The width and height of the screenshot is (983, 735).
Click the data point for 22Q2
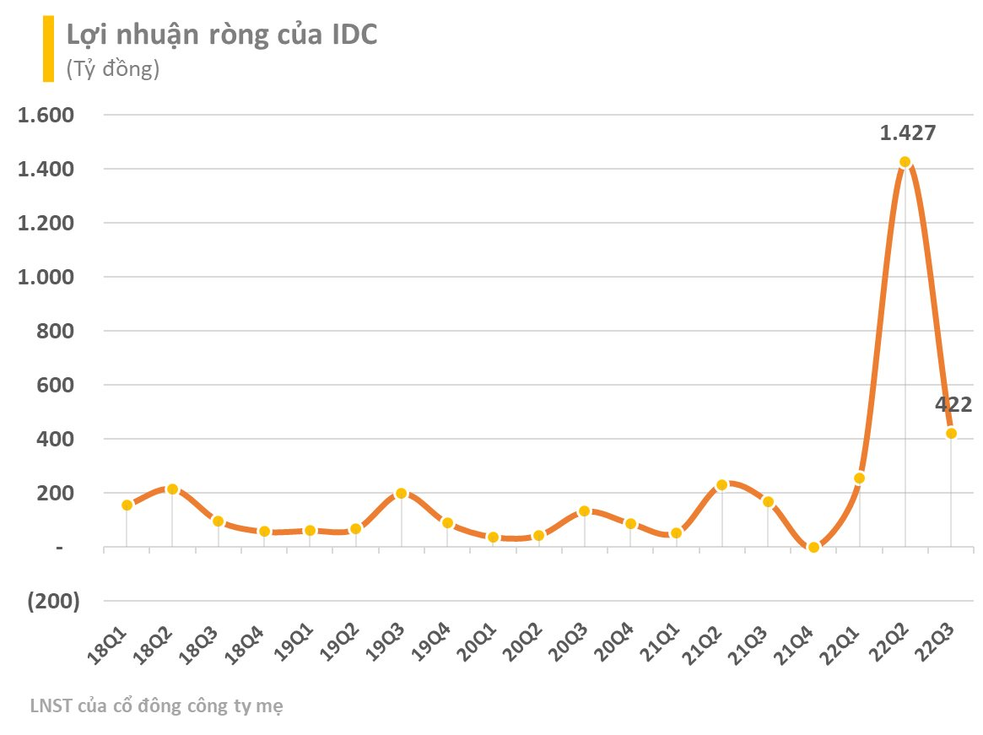[x=905, y=161]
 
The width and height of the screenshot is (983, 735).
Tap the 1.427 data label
[x=907, y=132]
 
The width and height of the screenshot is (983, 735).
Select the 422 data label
[x=953, y=404]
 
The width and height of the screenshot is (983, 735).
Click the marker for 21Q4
[x=813, y=547]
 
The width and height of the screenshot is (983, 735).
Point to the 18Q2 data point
[x=172, y=489]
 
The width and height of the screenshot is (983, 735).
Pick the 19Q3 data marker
[x=402, y=493]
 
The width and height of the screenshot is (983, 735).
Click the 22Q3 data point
[x=951, y=433]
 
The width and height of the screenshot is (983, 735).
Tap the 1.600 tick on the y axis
[x=47, y=115]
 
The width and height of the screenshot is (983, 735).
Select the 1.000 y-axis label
[x=47, y=277]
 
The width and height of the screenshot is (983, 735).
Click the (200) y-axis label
[x=52, y=601]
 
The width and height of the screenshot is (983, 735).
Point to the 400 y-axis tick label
[x=58, y=439]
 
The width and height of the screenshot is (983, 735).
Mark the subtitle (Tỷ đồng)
[x=113, y=69]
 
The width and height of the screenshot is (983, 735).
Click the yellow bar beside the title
[x=49, y=49]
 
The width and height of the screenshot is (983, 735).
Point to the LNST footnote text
[x=156, y=705]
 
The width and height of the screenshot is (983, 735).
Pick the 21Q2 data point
[x=721, y=485]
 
